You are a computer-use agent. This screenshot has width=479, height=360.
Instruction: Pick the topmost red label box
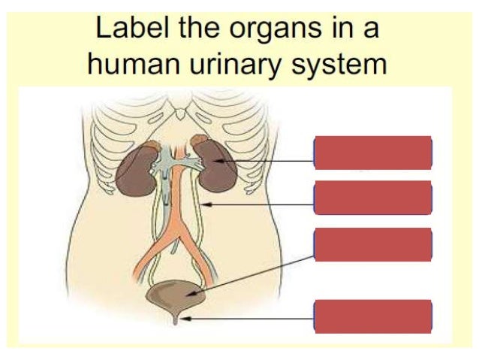372,153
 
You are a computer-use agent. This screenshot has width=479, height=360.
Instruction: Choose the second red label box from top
372,198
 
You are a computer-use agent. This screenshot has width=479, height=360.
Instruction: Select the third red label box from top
372,245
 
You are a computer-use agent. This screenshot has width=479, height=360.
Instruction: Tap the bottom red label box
372,316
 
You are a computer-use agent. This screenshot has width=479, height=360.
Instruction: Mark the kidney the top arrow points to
218,165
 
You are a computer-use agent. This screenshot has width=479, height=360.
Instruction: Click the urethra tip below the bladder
178,320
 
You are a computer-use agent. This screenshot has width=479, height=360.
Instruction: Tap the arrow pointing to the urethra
248,319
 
